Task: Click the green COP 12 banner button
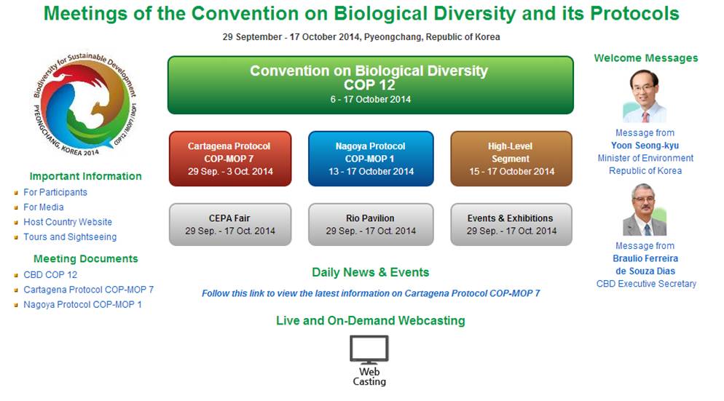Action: pos(370,85)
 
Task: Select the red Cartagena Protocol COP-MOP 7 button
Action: pos(230,159)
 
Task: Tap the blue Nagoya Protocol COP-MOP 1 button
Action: pos(371,159)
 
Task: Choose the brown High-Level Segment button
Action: pos(511,159)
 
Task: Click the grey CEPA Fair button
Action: pos(230,224)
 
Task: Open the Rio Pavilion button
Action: pos(371,224)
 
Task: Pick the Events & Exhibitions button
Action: pos(511,224)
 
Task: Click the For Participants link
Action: pos(55,192)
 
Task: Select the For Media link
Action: pos(44,207)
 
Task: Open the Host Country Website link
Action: pos(68,222)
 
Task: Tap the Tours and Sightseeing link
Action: pos(70,237)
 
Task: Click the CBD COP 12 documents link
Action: pos(50,274)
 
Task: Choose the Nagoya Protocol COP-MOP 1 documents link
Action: pos(82,304)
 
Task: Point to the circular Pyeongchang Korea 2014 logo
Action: pos(84,105)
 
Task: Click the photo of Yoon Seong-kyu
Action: pos(645,96)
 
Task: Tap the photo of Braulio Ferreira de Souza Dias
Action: pos(645,210)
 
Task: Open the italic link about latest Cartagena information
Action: pos(371,293)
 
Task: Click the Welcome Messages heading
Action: pos(646,58)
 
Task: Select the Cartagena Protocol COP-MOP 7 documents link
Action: pos(89,290)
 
